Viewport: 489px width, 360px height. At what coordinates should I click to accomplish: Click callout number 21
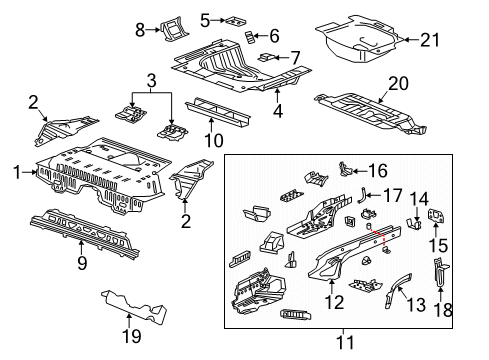pyautogui.click(x=429, y=39)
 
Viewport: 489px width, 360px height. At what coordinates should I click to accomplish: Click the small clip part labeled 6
pyautogui.click(x=249, y=38)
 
